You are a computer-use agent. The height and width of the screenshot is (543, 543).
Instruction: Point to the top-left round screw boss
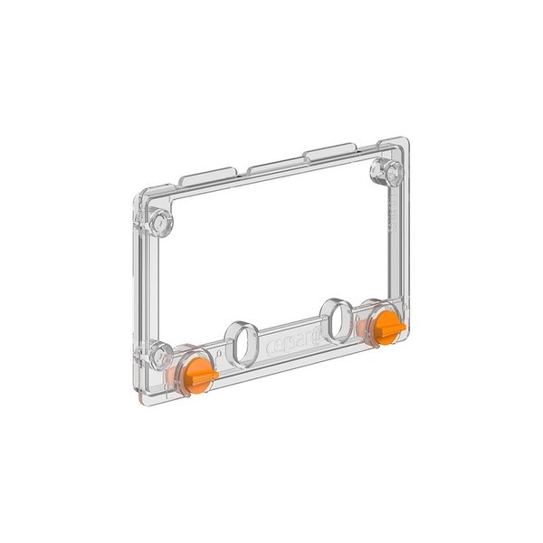pyautogui.click(x=162, y=220)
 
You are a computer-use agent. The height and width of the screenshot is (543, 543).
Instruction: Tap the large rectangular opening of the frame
pyautogui.click(x=271, y=253)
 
